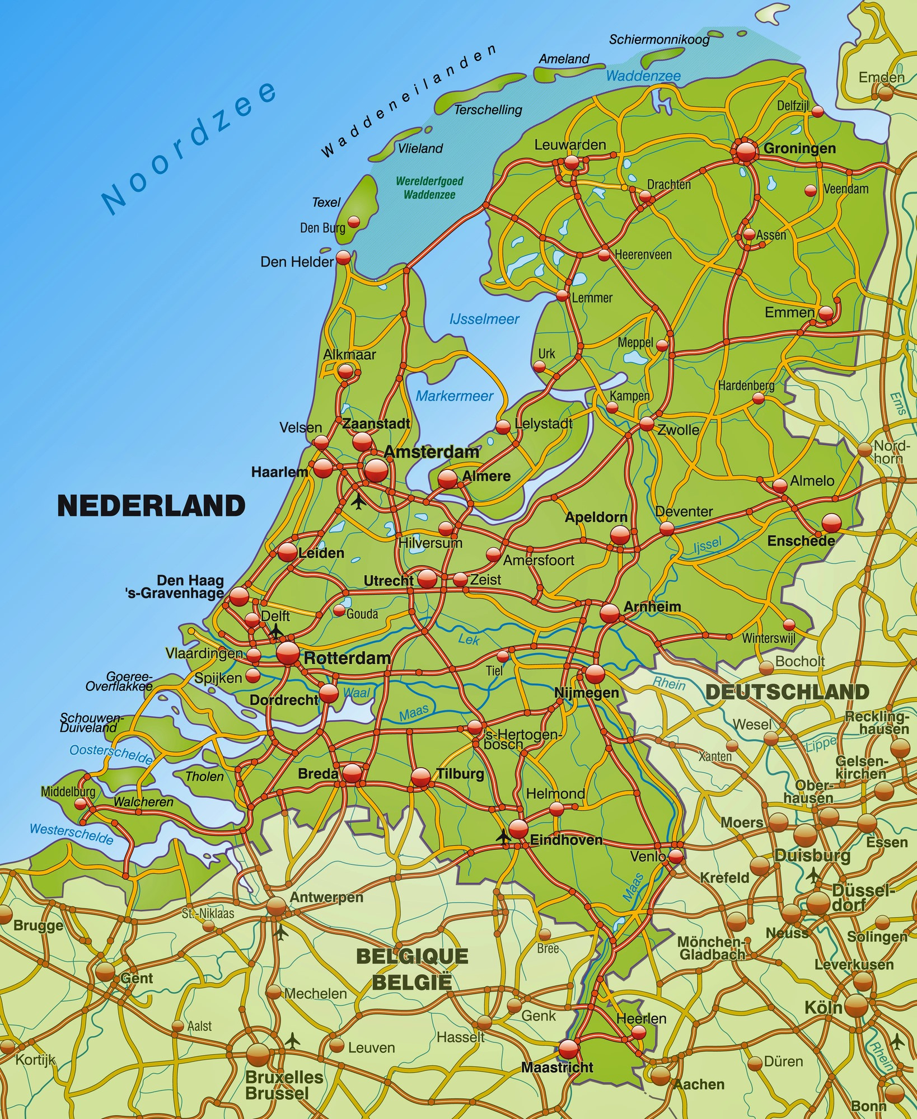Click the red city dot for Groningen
[x=746, y=151]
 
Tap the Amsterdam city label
[x=431, y=452]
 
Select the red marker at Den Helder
[x=343, y=258]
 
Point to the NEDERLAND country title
[x=151, y=506]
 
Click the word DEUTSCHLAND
[x=787, y=692]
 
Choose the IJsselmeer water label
[x=484, y=319]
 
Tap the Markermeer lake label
[x=454, y=396]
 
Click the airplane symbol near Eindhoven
[x=503, y=836]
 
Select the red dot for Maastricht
[x=568, y=1048]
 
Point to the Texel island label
[x=326, y=203]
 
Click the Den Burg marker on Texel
[x=354, y=222]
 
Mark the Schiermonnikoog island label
[x=659, y=39]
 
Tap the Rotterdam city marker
[x=288, y=652]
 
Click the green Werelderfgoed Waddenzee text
[x=429, y=188]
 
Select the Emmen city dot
[x=826, y=313]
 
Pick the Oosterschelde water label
[x=111, y=754]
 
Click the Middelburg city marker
[x=81, y=803]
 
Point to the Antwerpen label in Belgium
[x=326, y=897]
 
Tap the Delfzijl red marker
[x=817, y=111]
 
